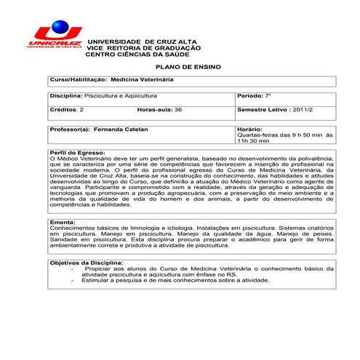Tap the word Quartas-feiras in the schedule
[259, 135]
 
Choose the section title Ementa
[61, 221]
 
